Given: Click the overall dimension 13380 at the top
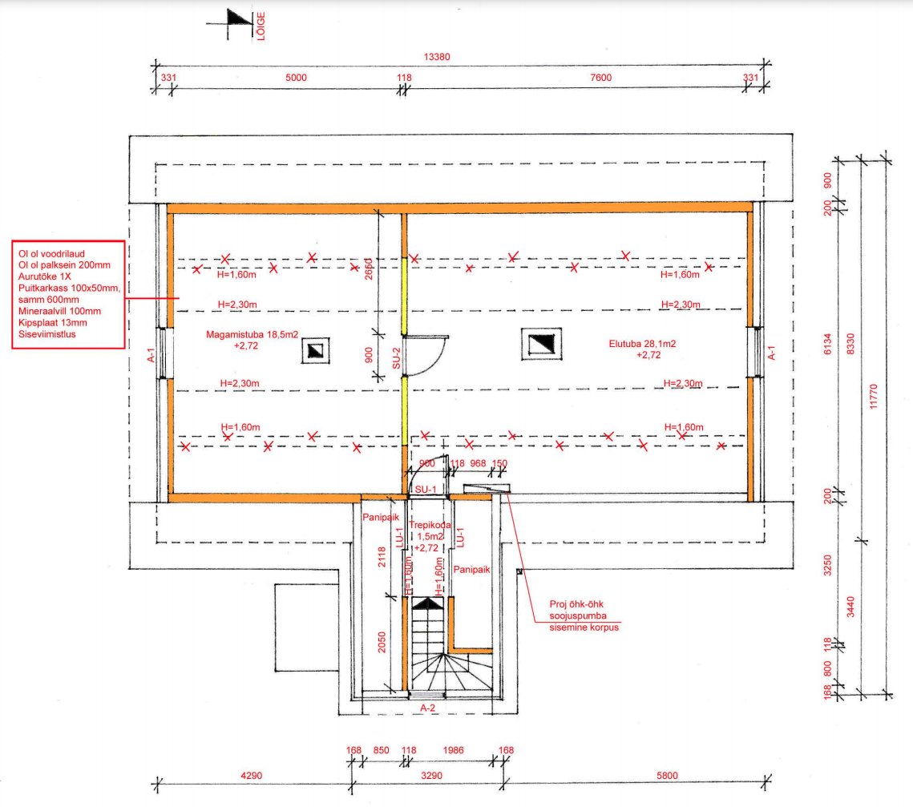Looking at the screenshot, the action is (x=437, y=57).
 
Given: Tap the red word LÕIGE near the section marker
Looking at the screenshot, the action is (x=261, y=26).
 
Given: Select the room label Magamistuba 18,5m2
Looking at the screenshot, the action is (x=252, y=335).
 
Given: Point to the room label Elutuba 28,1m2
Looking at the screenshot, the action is (x=642, y=344).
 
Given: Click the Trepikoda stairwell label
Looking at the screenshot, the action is (x=430, y=525).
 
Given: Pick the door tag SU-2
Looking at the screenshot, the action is (x=397, y=358).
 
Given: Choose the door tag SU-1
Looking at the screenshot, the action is (x=426, y=490).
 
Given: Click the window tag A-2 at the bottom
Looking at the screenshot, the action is (x=427, y=708).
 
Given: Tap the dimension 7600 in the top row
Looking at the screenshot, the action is (x=601, y=78).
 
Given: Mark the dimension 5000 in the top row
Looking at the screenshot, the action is (x=296, y=78).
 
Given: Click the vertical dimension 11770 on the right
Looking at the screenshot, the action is (x=874, y=397).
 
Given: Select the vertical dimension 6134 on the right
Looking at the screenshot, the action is (x=827, y=344).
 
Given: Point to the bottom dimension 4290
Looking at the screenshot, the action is (x=252, y=776).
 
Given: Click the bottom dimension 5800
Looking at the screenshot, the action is (x=667, y=776).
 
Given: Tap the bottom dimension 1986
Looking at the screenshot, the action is (x=453, y=750).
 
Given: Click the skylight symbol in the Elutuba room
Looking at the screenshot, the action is (x=542, y=344).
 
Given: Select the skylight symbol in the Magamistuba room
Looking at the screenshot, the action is (x=316, y=350).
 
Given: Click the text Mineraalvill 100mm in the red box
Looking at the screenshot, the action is (x=59, y=312).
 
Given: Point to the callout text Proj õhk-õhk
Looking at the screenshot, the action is (x=576, y=604).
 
